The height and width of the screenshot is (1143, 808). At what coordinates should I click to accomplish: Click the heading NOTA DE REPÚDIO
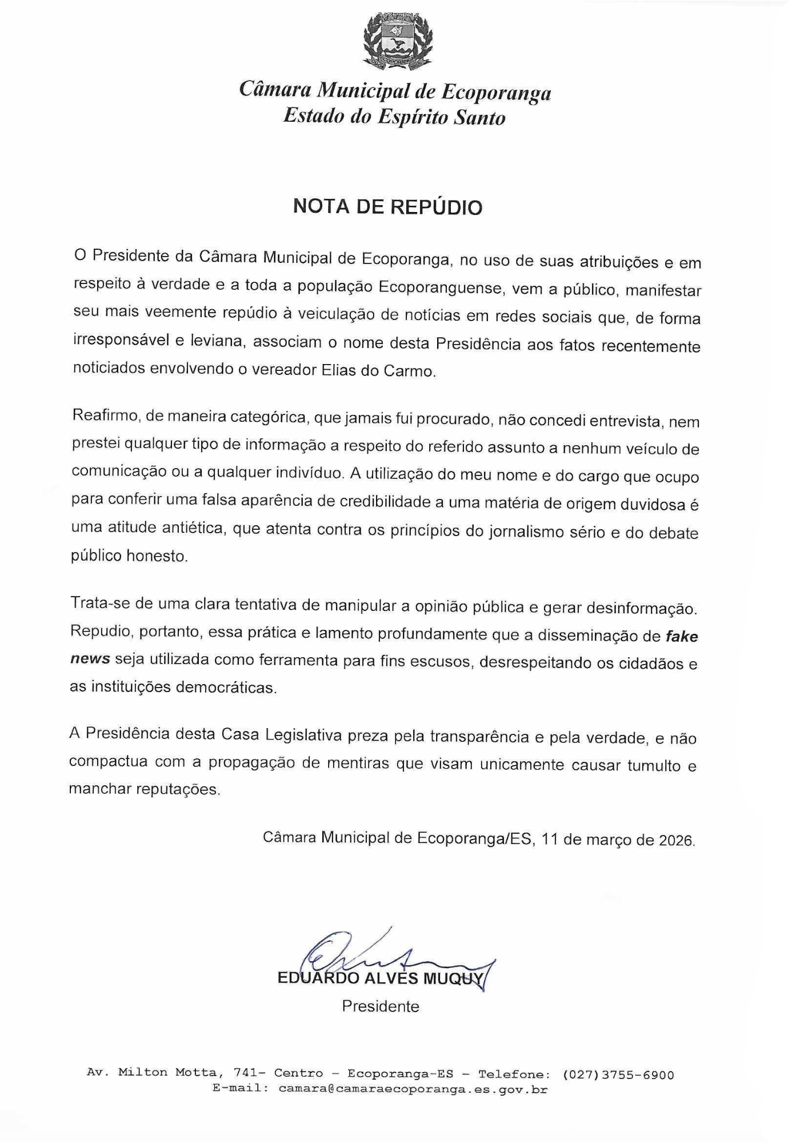click(387, 207)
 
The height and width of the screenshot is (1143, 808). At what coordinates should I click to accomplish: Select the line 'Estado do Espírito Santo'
click(394, 117)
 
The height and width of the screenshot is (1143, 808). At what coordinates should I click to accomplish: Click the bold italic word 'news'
click(89, 658)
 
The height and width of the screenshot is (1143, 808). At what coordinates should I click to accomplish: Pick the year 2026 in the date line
click(677, 841)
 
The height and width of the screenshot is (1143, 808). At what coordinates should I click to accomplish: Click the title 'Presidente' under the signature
click(381, 1006)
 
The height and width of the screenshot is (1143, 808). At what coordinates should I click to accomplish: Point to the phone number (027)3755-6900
click(618, 1075)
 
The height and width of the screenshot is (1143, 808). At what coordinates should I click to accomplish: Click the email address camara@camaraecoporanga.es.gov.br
click(413, 1089)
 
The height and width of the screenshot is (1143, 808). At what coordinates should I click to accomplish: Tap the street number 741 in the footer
click(246, 1073)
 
